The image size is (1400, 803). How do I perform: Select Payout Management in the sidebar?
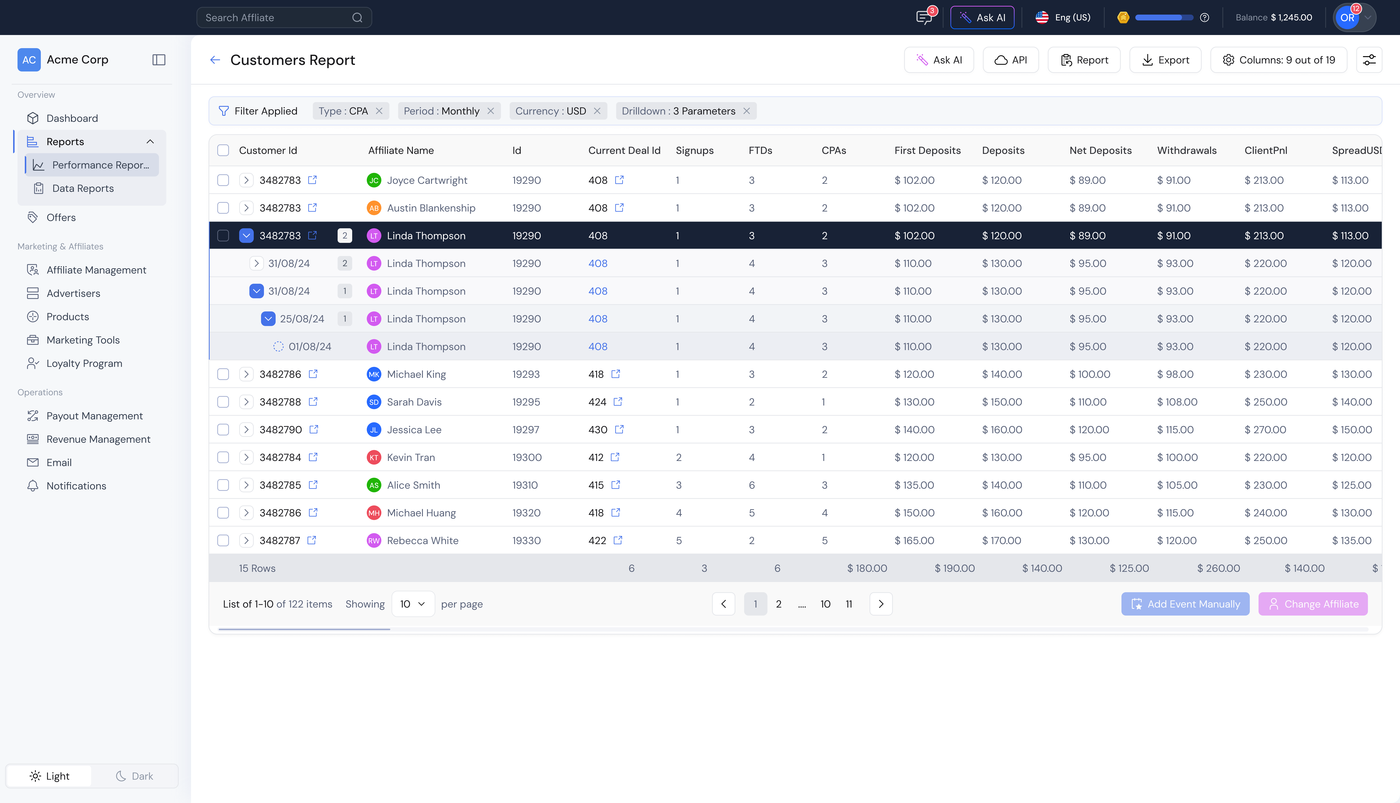click(x=94, y=416)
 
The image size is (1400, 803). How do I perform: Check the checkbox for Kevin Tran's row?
click(x=223, y=457)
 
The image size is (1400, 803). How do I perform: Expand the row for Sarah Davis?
click(x=246, y=402)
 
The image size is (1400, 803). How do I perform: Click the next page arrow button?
click(x=881, y=604)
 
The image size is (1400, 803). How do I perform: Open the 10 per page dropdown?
click(x=413, y=604)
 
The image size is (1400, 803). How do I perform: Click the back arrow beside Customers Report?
click(x=215, y=60)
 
